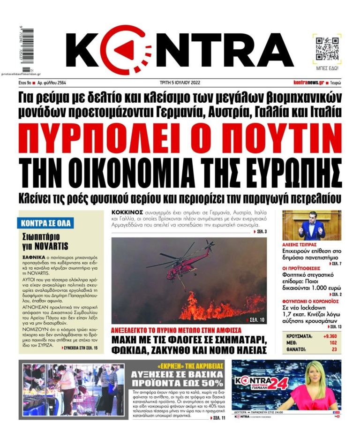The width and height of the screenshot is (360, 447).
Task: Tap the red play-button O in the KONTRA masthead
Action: click(126, 49)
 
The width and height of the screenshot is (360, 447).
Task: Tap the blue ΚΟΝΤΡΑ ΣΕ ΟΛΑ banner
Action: click(45, 223)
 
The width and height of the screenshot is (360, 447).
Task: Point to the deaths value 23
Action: click(333, 349)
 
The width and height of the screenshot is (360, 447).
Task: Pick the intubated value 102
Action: click(332, 343)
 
